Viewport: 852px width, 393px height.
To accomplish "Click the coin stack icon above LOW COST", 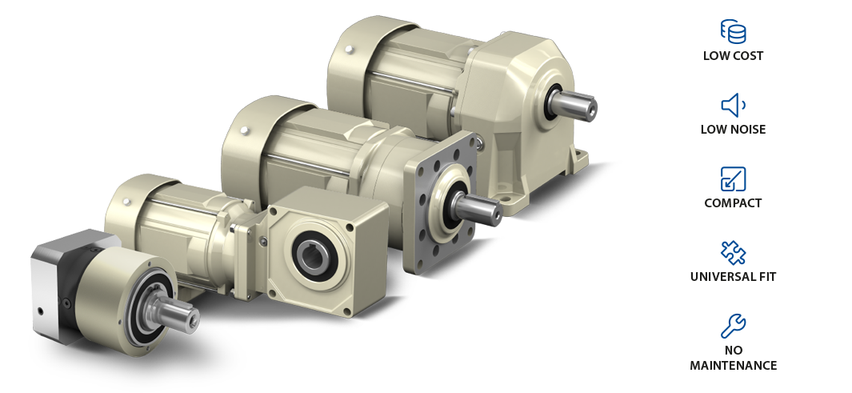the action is click(x=733, y=31).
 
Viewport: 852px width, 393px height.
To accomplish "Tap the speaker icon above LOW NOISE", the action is click(x=733, y=105).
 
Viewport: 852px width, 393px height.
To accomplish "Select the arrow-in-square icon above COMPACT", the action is click(x=733, y=178).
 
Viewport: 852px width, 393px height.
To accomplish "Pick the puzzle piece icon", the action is click(x=733, y=253).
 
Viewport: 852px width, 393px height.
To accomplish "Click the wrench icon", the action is click(x=733, y=326).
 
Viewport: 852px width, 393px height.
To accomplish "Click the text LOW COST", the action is click(x=733, y=56).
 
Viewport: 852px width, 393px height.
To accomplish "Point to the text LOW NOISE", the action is click(x=733, y=130).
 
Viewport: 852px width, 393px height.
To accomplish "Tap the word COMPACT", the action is click(x=733, y=203).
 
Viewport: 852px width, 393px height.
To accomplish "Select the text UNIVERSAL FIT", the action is click(x=733, y=277).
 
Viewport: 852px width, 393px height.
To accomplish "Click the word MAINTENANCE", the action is click(x=733, y=365).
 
